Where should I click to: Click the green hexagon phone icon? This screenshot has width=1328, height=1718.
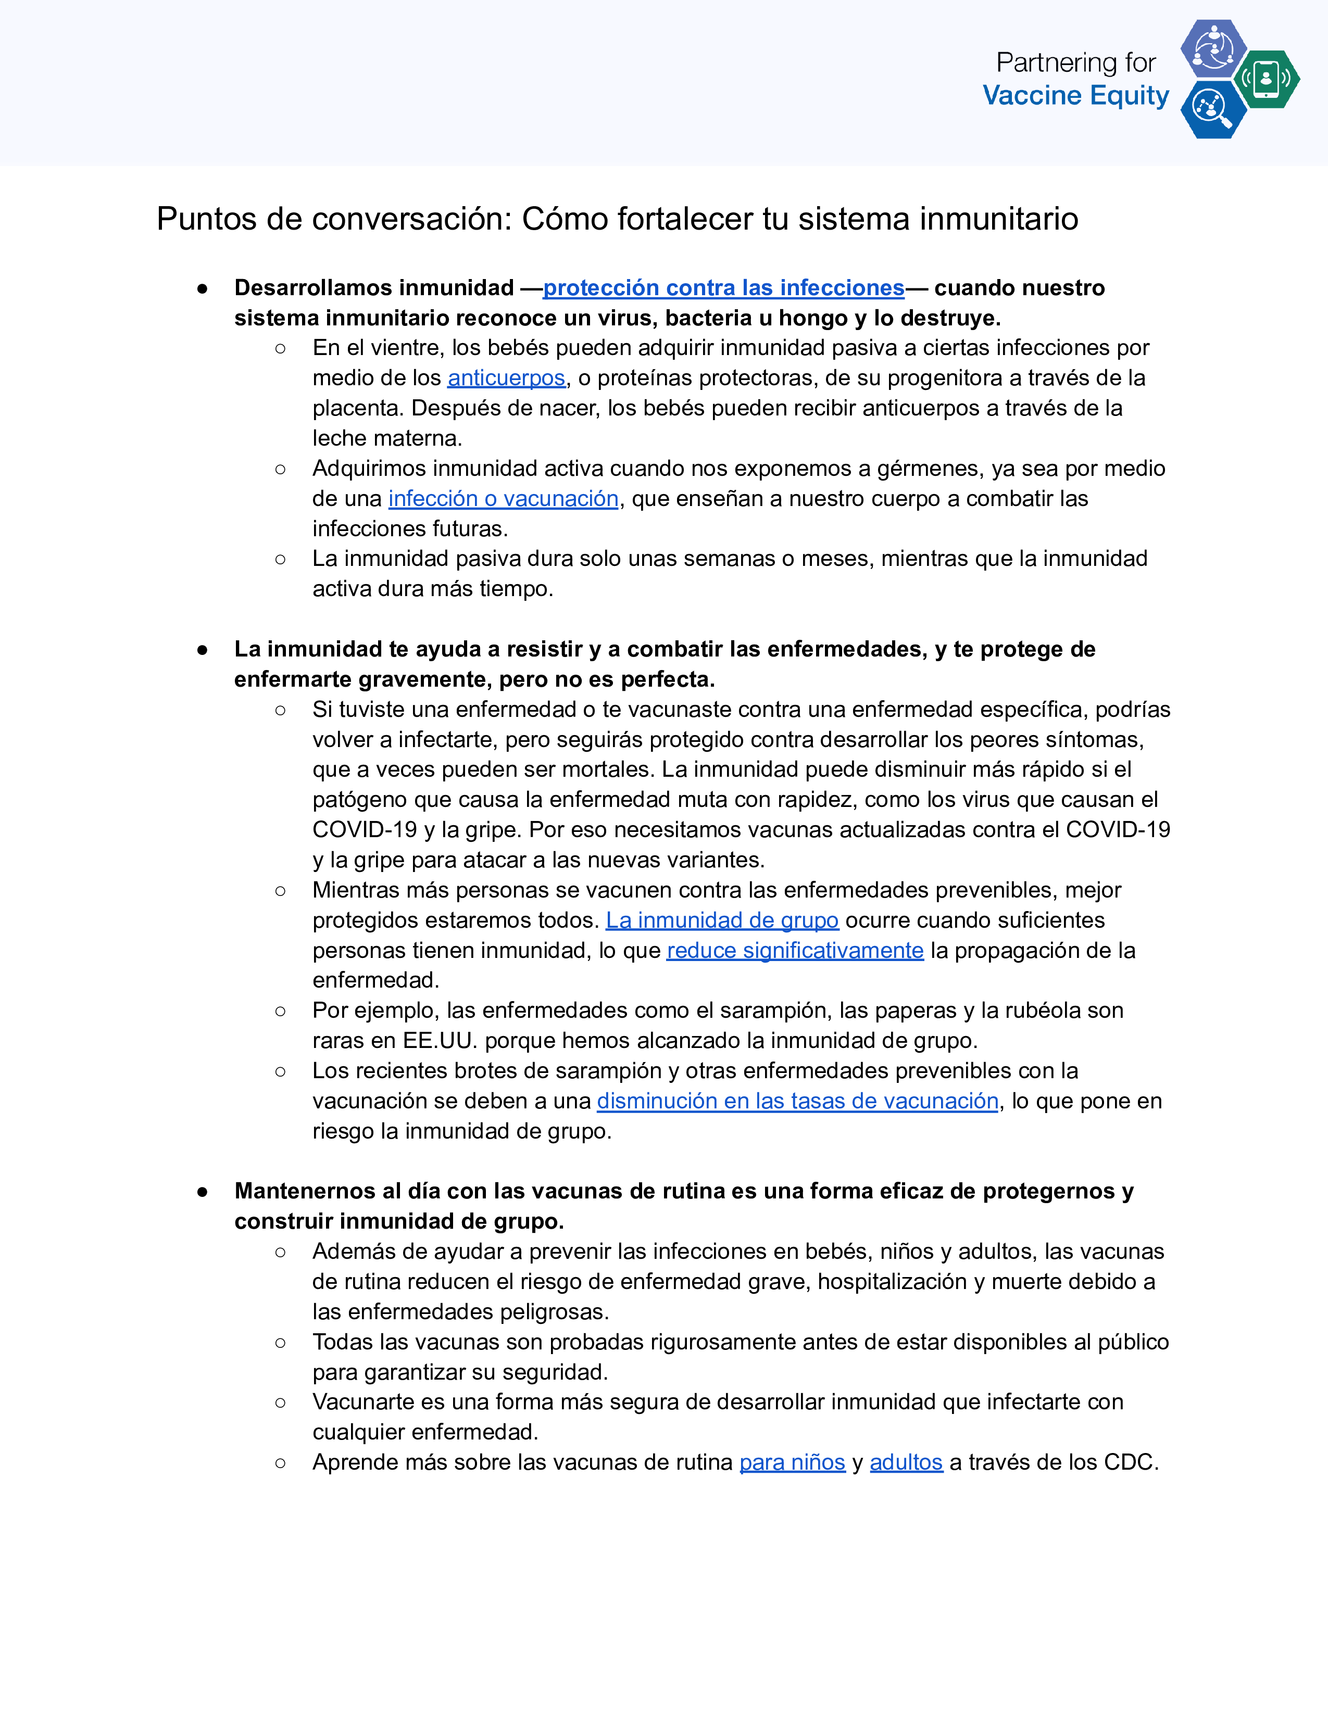click(1266, 79)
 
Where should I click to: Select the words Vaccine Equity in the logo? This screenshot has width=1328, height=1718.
click(1075, 95)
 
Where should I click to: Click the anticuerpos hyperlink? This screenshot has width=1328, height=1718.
click(506, 378)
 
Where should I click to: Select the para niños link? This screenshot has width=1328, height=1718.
click(792, 1462)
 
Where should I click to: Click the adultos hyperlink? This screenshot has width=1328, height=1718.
click(906, 1462)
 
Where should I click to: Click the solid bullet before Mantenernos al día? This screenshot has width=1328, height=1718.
click(202, 1192)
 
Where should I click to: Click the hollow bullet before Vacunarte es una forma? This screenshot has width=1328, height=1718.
click(280, 1403)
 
